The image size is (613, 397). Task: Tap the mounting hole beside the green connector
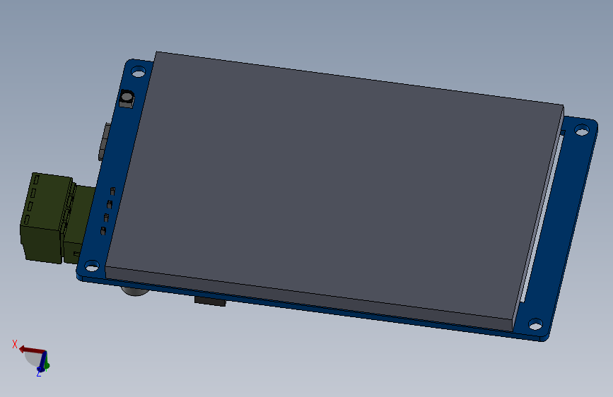click(x=91, y=266)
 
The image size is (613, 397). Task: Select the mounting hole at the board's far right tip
click(x=581, y=130)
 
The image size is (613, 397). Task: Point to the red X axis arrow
click(x=30, y=350)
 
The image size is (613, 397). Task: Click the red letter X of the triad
click(x=14, y=344)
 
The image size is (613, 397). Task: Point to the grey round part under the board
click(x=132, y=290)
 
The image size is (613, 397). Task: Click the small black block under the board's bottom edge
click(x=210, y=302)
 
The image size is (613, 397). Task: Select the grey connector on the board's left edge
click(x=105, y=141)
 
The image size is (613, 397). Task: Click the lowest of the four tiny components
click(x=103, y=230)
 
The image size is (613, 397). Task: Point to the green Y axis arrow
click(x=46, y=365)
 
